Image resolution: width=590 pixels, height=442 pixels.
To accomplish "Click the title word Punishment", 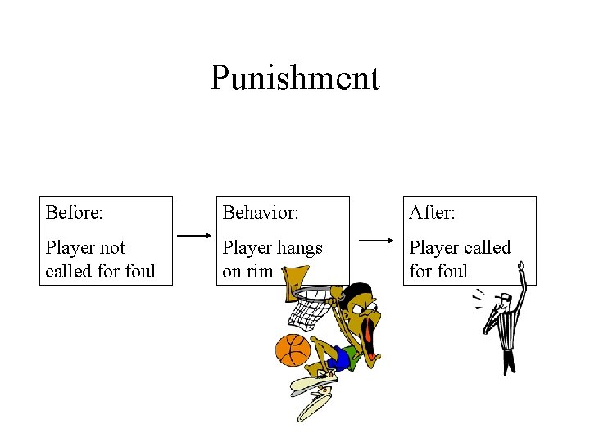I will [295, 78].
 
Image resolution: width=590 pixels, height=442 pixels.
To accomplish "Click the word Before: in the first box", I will [74, 213].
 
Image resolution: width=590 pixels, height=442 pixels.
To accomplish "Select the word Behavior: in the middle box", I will [260, 213].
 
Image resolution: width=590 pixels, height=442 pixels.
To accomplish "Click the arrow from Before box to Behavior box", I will [194, 236].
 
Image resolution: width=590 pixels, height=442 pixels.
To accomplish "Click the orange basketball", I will [293, 350].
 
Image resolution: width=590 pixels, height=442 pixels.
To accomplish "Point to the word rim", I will [259, 272].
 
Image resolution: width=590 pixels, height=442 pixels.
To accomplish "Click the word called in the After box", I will [483, 248].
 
